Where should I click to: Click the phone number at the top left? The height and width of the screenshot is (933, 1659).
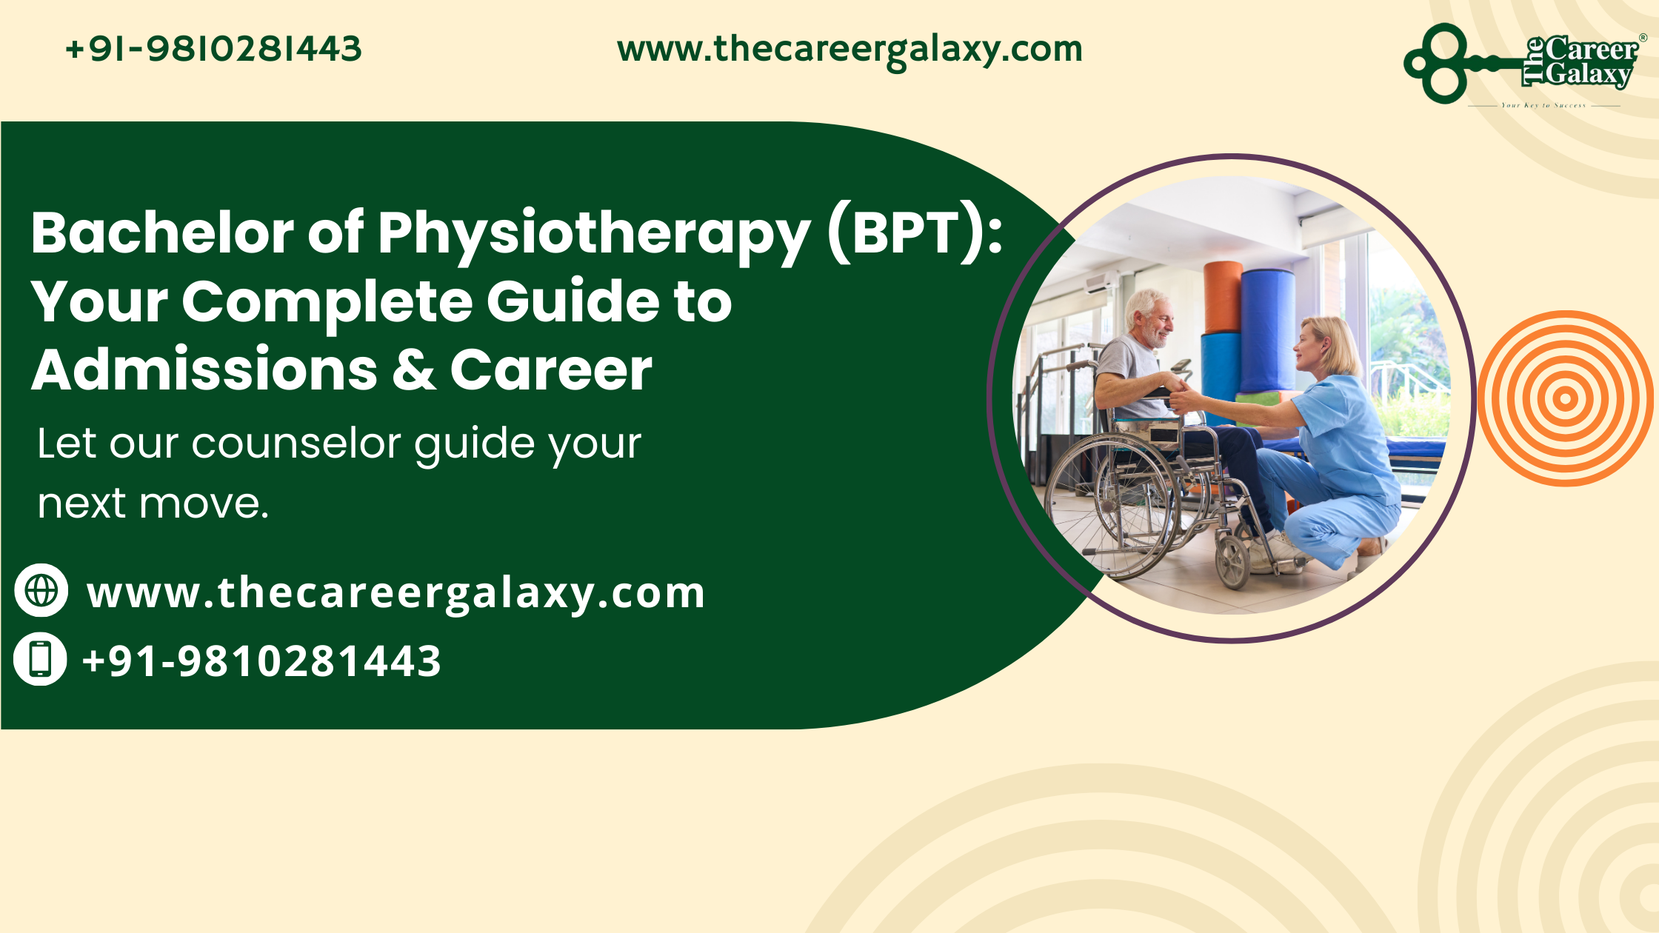click(x=213, y=49)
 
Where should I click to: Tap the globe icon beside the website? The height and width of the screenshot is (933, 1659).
click(x=41, y=590)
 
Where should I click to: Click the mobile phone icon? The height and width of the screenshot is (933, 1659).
click(x=41, y=658)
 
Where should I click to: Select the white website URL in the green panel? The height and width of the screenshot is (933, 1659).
click(x=395, y=593)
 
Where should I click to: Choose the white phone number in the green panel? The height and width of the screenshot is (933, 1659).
click(x=261, y=661)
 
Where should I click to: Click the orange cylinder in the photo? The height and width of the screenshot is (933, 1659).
click(x=1223, y=296)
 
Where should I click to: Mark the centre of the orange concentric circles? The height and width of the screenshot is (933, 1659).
click(x=1565, y=399)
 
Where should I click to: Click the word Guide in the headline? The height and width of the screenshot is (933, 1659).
click(x=573, y=302)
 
